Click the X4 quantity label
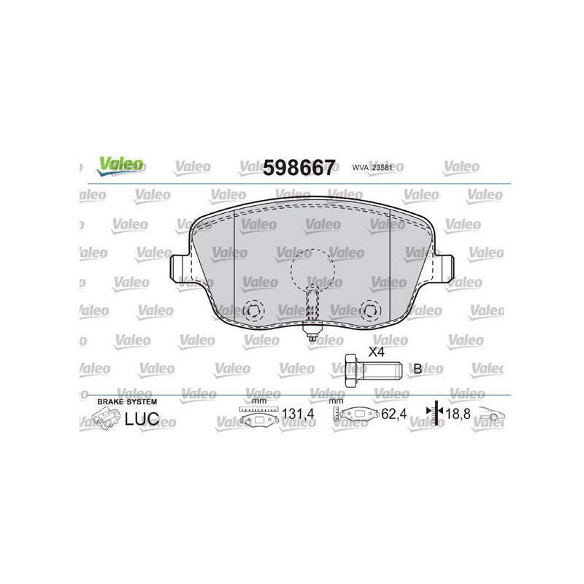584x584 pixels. coord(377,352)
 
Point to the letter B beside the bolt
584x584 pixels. coord(417,369)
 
